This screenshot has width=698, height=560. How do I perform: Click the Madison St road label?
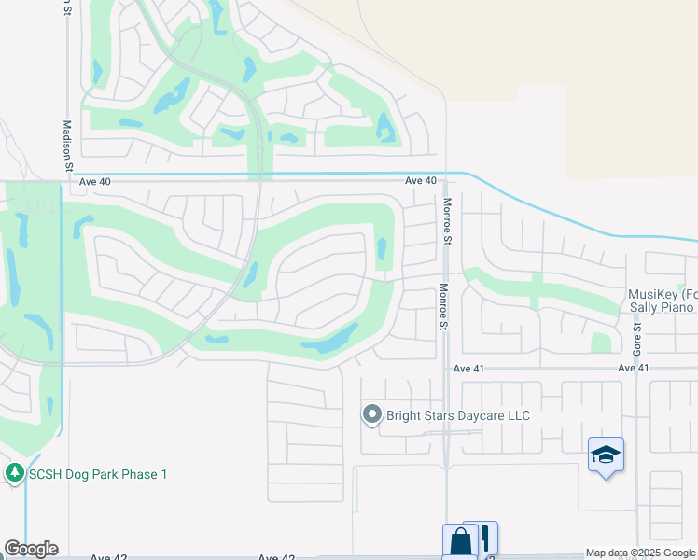point(67,145)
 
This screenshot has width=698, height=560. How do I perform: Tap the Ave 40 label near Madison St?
point(95,182)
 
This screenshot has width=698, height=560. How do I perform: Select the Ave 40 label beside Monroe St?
point(421,181)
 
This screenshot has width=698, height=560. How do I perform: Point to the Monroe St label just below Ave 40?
point(447,221)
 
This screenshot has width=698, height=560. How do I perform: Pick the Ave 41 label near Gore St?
point(634,369)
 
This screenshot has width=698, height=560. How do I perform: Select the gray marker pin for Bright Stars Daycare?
point(372,414)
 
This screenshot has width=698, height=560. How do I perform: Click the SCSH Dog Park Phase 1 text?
point(98,474)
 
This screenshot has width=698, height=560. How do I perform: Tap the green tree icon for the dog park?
point(14,474)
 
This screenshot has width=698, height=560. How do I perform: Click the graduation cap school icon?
point(606,455)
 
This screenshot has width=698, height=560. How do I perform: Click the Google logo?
point(31,549)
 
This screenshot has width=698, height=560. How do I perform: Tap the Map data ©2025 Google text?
point(640,553)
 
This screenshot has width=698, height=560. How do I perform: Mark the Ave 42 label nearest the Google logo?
point(109,557)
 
